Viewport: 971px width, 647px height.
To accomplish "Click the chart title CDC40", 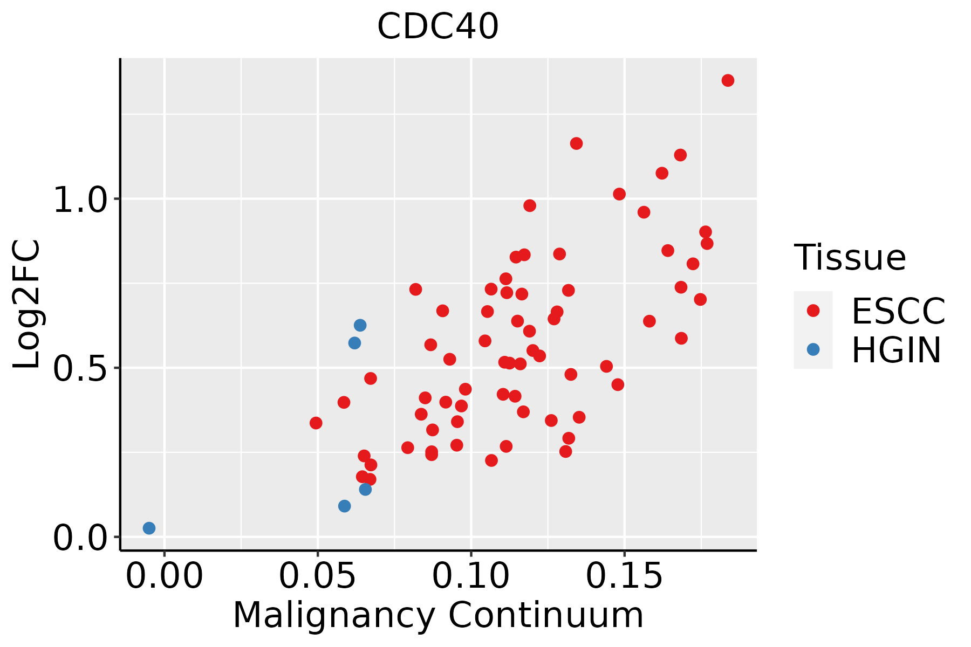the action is (x=437, y=26).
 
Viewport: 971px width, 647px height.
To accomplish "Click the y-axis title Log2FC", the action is (x=26, y=305).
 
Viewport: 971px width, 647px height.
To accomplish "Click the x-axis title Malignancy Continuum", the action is (x=438, y=615).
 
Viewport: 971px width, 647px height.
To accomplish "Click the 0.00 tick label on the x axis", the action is (x=165, y=576).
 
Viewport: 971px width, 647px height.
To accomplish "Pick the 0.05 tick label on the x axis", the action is (x=318, y=576).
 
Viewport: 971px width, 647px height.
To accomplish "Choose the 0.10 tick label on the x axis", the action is (x=471, y=576).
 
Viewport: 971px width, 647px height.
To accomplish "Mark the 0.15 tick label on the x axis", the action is (x=624, y=576).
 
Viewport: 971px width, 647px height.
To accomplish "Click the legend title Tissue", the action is (x=850, y=258).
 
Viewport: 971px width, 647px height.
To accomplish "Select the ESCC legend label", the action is (x=898, y=311).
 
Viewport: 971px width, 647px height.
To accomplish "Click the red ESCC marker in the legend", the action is (x=813, y=311).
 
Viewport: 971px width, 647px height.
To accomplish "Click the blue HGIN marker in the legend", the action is (x=813, y=349).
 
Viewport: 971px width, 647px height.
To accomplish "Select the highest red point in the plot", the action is (x=728, y=80).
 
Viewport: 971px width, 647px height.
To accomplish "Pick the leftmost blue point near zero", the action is (x=149, y=528).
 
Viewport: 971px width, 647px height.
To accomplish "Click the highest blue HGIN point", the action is (x=360, y=325).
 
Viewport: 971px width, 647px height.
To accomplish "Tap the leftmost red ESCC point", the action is (x=316, y=423).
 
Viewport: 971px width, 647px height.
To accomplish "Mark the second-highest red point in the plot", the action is (x=576, y=143).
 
